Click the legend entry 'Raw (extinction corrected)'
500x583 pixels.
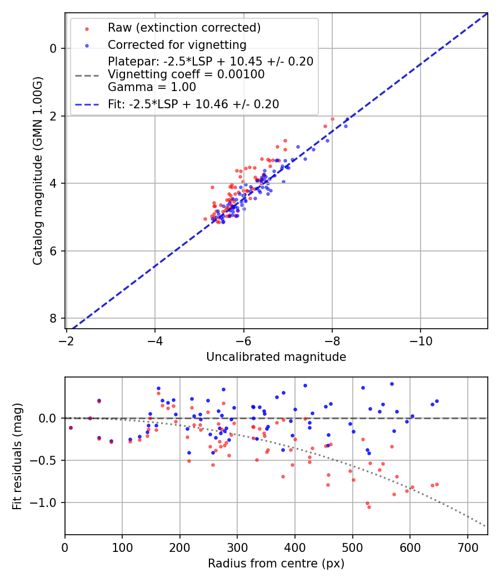tap(184, 28)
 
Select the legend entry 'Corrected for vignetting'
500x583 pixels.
tap(177, 44)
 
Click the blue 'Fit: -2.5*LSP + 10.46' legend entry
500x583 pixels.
tap(193, 104)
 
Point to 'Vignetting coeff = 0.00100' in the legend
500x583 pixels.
tap(186, 74)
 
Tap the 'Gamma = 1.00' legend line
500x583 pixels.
tap(152, 87)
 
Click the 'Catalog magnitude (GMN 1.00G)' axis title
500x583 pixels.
tap(37, 171)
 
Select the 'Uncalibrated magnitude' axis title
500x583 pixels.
tap(276, 357)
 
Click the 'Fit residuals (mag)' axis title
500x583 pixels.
tap(17, 456)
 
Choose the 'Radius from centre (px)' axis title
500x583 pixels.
tap(276, 564)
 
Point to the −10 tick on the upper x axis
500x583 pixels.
tap(421, 339)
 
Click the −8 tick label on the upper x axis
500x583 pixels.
tap(332, 339)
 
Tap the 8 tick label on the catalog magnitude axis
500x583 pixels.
tap(53, 318)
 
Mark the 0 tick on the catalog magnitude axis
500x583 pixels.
tap(53, 48)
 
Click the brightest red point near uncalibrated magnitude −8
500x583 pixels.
tap(332, 119)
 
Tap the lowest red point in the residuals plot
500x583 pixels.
tap(369, 507)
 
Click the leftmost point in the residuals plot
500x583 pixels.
tap(71, 428)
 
